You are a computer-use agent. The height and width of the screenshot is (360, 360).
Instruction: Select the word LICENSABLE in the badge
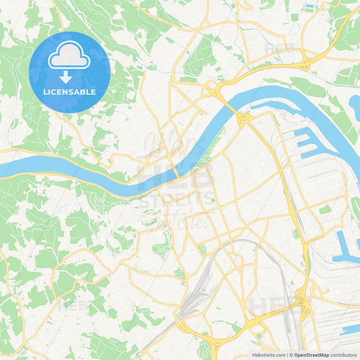click(x=69, y=92)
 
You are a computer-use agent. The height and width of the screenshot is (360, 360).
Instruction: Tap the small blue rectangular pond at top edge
click(x=309, y=7)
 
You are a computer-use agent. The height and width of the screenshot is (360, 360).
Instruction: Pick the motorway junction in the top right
click(x=304, y=63)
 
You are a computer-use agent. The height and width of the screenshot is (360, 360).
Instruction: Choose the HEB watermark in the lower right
click(x=270, y=305)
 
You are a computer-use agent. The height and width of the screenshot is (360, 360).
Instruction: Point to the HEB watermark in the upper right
click(x=278, y=51)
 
